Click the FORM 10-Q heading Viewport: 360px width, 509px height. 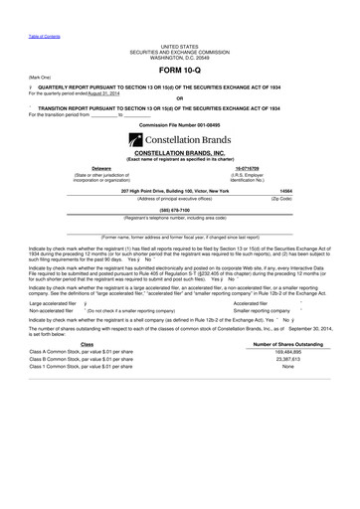[x=179, y=69]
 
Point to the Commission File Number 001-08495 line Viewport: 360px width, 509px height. [x=179, y=124]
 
